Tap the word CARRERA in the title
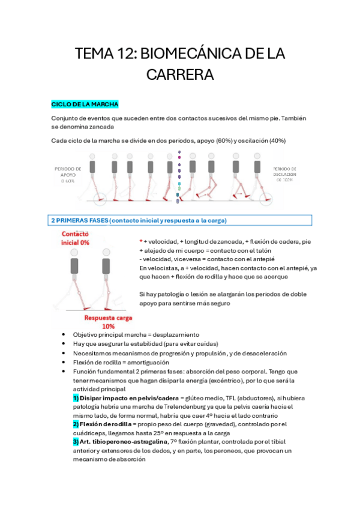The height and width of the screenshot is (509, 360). point(180,76)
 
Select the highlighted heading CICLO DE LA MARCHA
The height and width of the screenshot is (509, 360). point(85,104)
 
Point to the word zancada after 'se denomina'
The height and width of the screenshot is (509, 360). point(100,127)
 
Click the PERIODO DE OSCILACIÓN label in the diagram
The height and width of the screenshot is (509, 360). point(287,175)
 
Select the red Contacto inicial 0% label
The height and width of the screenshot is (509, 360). point(75,238)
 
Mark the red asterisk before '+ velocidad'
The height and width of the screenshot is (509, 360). point(141,241)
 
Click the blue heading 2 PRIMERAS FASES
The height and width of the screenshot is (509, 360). point(138,221)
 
